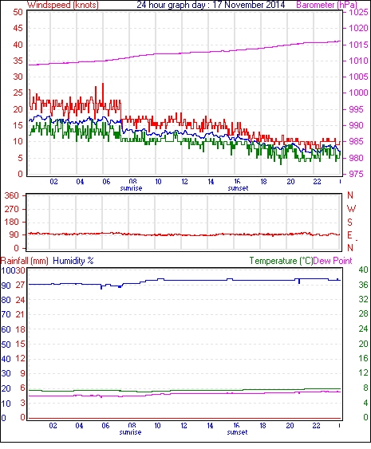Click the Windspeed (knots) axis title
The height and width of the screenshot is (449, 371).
click(63, 5)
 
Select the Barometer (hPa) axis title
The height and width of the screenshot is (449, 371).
click(327, 5)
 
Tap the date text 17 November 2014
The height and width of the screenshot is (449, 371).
click(249, 5)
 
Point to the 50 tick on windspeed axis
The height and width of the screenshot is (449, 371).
click(18, 12)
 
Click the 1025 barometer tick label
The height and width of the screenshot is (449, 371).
click(358, 12)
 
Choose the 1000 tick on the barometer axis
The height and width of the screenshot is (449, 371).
click(358, 93)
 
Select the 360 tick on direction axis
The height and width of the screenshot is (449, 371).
click(11, 196)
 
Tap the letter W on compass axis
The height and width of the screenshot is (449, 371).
click(351, 209)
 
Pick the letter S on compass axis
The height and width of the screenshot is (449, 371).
click(349, 222)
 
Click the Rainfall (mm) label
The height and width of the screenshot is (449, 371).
click(25, 261)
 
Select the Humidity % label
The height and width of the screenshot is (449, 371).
click(73, 261)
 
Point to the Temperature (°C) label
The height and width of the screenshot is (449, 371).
click(281, 261)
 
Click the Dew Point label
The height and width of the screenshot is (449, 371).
click(333, 261)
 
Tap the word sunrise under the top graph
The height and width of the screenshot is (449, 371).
click(131, 188)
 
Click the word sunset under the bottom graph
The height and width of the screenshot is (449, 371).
click(237, 432)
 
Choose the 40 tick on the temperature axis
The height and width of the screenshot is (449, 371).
click(363, 270)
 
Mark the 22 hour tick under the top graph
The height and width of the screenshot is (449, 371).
click(317, 182)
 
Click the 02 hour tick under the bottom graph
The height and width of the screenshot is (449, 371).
click(53, 426)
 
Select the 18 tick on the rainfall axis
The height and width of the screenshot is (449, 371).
click(20, 329)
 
